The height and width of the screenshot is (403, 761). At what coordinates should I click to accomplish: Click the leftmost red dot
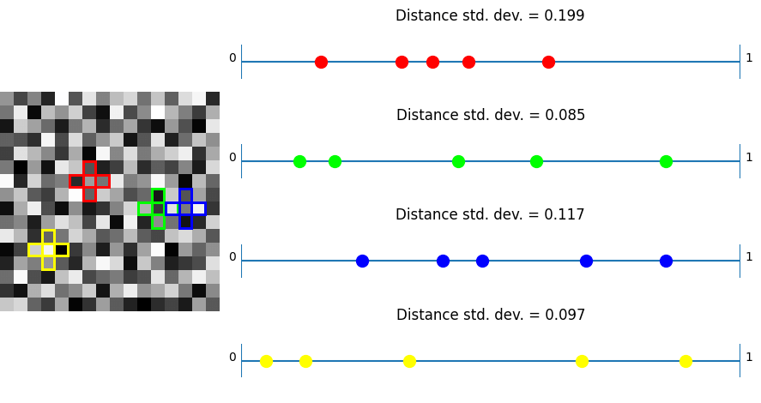point(321,62)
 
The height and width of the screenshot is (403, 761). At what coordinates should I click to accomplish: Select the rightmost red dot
point(548,62)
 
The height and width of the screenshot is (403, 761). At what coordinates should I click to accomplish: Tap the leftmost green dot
point(299,161)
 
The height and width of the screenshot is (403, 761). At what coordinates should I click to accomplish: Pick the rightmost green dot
point(666,161)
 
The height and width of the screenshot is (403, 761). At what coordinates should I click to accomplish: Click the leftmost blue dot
point(362,261)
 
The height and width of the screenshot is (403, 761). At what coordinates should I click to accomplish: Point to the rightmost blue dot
point(666,261)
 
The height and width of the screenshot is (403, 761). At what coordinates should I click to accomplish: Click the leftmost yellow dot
point(266,361)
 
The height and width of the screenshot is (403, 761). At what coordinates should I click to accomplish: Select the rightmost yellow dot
point(686,361)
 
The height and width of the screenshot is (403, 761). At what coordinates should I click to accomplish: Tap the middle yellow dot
point(409,361)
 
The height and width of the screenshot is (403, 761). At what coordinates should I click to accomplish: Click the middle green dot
point(458,161)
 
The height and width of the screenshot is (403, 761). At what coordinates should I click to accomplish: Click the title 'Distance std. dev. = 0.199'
point(490,16)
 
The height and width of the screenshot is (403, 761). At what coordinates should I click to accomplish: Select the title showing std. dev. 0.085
point(490,116)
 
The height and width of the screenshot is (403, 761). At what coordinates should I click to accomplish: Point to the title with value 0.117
point(490,215)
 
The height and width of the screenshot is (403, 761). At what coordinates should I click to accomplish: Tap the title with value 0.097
point(490,316)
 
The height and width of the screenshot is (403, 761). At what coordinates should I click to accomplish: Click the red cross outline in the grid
point(89,181)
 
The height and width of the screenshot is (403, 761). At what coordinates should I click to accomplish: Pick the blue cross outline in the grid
point(185,208)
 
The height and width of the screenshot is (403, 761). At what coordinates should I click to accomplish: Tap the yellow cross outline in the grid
point(48,250)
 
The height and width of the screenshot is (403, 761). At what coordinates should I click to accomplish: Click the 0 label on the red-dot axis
point(233,58)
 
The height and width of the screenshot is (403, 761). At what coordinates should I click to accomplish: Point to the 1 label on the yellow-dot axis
point(749,358)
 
